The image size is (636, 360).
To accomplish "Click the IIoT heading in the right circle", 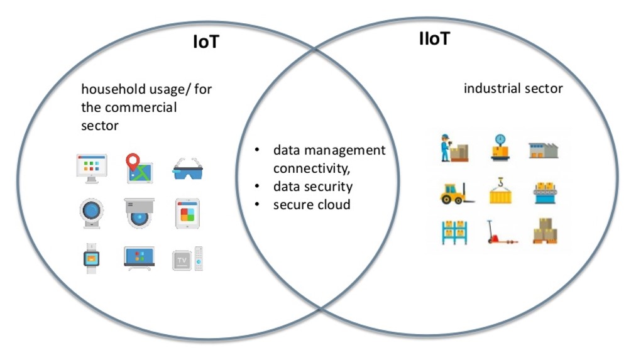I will click(x=435, y=39).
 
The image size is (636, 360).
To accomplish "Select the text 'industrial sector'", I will click(x=513, y=89).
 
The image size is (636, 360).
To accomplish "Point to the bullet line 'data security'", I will click(x=312, y=187).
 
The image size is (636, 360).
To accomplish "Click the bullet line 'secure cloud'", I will click(x=311, y=205).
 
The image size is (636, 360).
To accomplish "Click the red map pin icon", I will click(x=139, y=168).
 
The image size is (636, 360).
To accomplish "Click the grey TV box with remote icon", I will click(x=188, y=258).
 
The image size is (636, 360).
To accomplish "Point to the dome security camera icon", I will click(x=139, y=214).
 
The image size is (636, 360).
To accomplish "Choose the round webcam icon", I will click(x=91, y=214).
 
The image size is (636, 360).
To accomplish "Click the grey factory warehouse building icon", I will click(x=544, y=150).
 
